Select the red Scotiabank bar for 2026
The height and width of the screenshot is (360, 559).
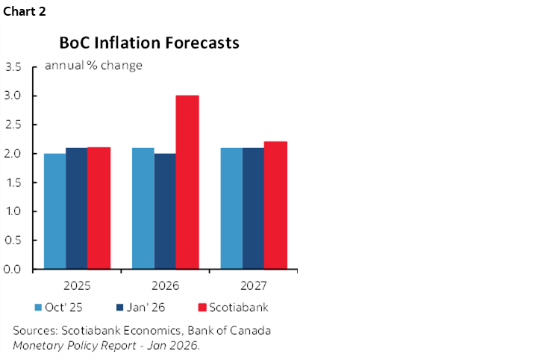(187, 182)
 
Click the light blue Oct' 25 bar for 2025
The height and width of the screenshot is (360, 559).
(54, 211)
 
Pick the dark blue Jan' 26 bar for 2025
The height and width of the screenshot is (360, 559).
(76, 208)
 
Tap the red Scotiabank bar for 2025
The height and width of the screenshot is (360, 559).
(99, 208)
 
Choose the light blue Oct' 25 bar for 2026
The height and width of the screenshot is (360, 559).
(143, 208)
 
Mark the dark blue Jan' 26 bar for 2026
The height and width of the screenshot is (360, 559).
(164, 211)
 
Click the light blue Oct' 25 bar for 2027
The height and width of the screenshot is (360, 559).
(231, 208)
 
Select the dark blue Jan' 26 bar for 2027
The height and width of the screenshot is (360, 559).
(253, 208)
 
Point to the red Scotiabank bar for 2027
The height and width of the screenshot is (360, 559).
(275, 205)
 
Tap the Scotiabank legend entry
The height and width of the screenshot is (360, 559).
(231, 307)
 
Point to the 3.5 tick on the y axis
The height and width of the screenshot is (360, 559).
(13, 67)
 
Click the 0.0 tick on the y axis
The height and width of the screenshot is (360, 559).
(13, 269)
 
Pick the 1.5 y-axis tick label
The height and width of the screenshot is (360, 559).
(13, 182)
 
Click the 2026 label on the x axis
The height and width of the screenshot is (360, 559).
(165, 285)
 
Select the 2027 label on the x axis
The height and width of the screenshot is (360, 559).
(253, 285)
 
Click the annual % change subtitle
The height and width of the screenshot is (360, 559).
(93, 65)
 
